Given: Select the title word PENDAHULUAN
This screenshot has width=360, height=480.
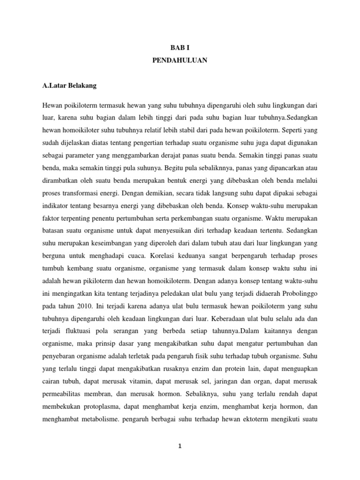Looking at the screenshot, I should click(180, 60).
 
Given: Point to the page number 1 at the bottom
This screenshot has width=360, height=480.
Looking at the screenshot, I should click(180, 447).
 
